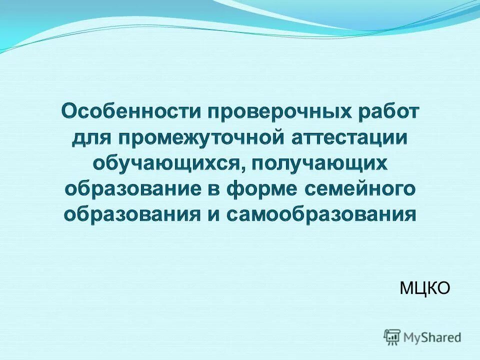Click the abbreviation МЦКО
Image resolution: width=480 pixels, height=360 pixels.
tap(425, 287)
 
